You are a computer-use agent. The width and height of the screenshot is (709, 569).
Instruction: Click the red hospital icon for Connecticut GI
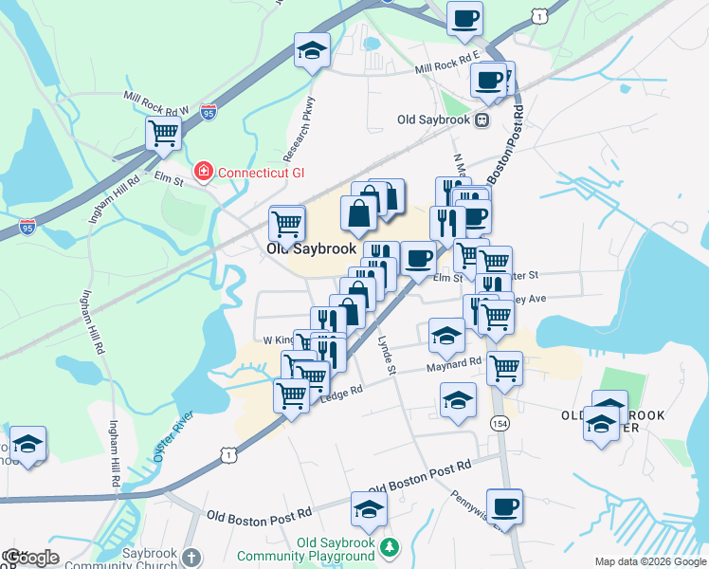(x=202, y=172)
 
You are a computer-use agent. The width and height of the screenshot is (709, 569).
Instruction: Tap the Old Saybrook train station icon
(x=482, y=120)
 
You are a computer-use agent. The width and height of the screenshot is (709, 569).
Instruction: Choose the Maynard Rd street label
(x=456, y=364)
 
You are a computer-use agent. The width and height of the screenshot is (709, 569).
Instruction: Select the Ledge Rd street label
(x=342, y=391)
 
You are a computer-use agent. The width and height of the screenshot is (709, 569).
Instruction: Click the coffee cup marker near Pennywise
(x=504, y=505)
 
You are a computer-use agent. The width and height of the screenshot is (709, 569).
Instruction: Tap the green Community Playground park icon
(x=389, y=547)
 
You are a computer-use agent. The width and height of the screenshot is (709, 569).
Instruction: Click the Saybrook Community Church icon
(x=191, y=556)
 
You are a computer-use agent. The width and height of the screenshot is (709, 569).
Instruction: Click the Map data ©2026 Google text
(x=650, y=561)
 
